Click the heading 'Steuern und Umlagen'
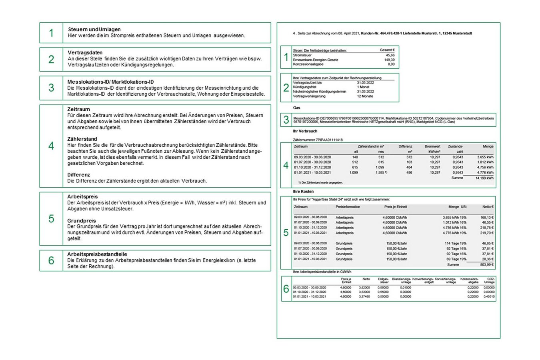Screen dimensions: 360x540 point(94,30)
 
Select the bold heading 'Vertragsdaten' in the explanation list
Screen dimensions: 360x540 point(85,53)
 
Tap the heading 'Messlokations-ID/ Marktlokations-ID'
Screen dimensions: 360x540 point(110,82)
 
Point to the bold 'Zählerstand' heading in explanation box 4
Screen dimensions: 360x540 point(82,139)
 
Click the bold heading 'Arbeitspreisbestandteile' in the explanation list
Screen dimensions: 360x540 point(97,254)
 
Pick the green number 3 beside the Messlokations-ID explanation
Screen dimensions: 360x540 point(51,88)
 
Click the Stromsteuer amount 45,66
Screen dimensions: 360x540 point(390,55)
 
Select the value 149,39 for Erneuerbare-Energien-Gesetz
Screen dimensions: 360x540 point(389,60)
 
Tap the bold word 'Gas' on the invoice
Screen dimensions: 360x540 point(296,108)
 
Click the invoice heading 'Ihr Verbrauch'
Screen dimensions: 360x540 point(305,131)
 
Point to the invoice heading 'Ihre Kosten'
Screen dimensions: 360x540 point(303,192)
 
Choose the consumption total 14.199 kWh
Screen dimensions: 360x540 point(484,178)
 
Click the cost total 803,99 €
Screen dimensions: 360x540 point(487,264)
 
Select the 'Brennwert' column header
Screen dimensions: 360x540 point(432,147)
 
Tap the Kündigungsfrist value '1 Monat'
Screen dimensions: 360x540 point(363,87)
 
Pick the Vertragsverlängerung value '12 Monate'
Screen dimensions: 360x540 point(365,96)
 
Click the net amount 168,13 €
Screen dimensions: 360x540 point(487,218)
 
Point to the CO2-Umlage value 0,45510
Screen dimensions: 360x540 point(489,296)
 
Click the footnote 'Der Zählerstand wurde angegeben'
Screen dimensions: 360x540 point(320,182)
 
